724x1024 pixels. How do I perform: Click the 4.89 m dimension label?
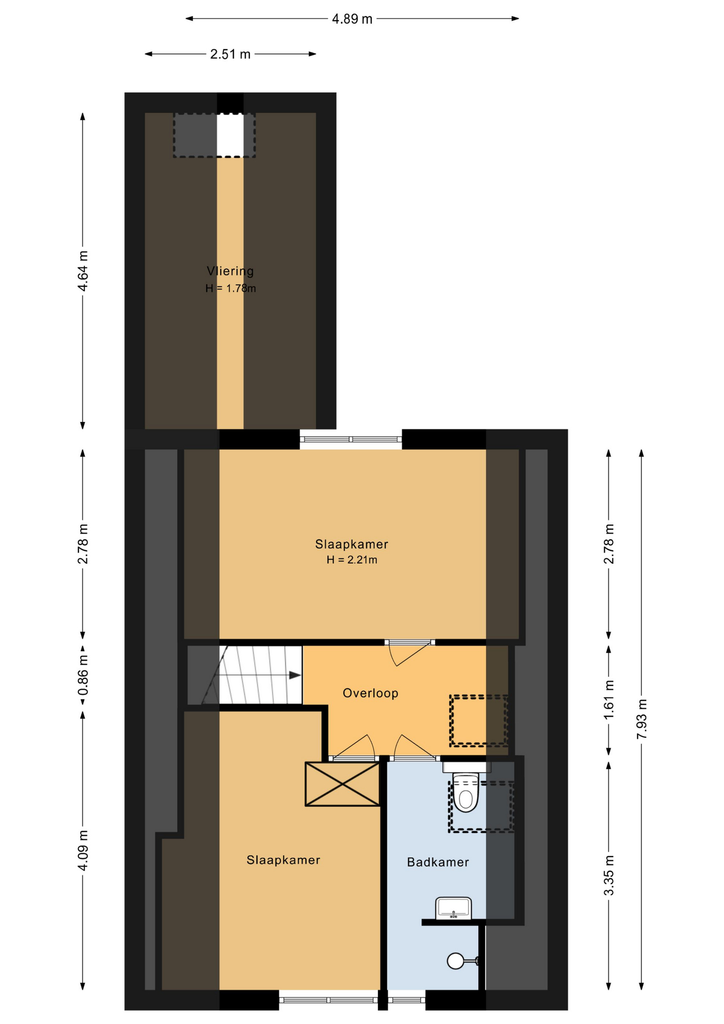pos(352,19)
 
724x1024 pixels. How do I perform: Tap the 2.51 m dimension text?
pos(230,54)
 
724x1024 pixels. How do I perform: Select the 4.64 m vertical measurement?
pos(83,271)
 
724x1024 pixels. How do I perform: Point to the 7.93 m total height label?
pos(642,718)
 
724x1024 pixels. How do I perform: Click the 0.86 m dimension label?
pos(83,676)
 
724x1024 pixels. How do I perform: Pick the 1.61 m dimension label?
pos(609,699)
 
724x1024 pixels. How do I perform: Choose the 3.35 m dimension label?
pos(609,875)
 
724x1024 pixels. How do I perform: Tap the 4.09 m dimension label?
pos(83,850)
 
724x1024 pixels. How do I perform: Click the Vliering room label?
pos(230,271)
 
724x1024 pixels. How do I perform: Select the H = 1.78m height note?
pos(231,289)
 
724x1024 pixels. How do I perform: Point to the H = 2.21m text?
pos(352,560)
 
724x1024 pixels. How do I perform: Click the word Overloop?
pos(371,693)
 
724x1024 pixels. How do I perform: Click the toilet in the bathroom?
pos(466,790)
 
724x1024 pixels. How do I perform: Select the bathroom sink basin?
pos(454,908)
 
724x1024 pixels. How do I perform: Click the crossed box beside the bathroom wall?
pos(342,783)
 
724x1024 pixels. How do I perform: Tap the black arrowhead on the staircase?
pos(295,675)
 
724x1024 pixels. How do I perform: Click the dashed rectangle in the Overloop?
pos(478,720)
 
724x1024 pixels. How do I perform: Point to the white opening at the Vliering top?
pos(230,135)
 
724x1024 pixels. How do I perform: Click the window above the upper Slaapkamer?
pos(351,439)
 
